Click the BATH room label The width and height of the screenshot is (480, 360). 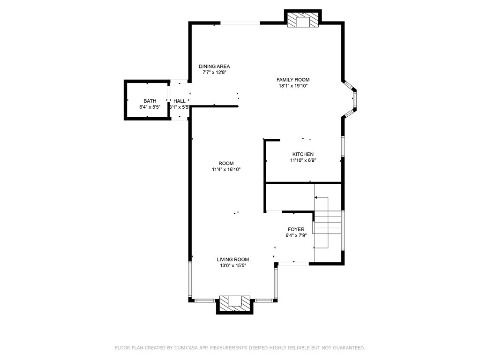click(x=150, y=101)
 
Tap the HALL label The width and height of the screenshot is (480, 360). click(x=180, y=101)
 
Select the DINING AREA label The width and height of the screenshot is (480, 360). click(x=214, y=67)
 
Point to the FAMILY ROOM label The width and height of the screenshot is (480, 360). click(x=293, y=80)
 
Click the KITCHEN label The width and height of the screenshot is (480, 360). click(x=303, y=154)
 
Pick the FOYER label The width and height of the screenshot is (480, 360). click(x=296, y=230)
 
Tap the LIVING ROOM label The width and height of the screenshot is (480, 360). click(x=233, y=260)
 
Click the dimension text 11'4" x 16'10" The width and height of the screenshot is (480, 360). click(x=226, y=169)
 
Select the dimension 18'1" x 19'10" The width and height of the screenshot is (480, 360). click(x=293, y=86)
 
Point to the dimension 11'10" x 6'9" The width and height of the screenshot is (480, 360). click(x=303, y=160)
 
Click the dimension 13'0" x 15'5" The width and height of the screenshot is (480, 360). click(x=233, y=266)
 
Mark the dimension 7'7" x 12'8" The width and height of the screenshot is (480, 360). click(x=214, y=73)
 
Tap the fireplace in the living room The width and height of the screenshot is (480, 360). click(x=235, y=303)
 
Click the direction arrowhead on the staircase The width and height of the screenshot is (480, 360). click(x=316, y=198)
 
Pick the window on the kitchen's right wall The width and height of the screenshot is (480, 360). click(x=343, y=146)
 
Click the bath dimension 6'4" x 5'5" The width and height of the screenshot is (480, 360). click(x=150, y=107)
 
